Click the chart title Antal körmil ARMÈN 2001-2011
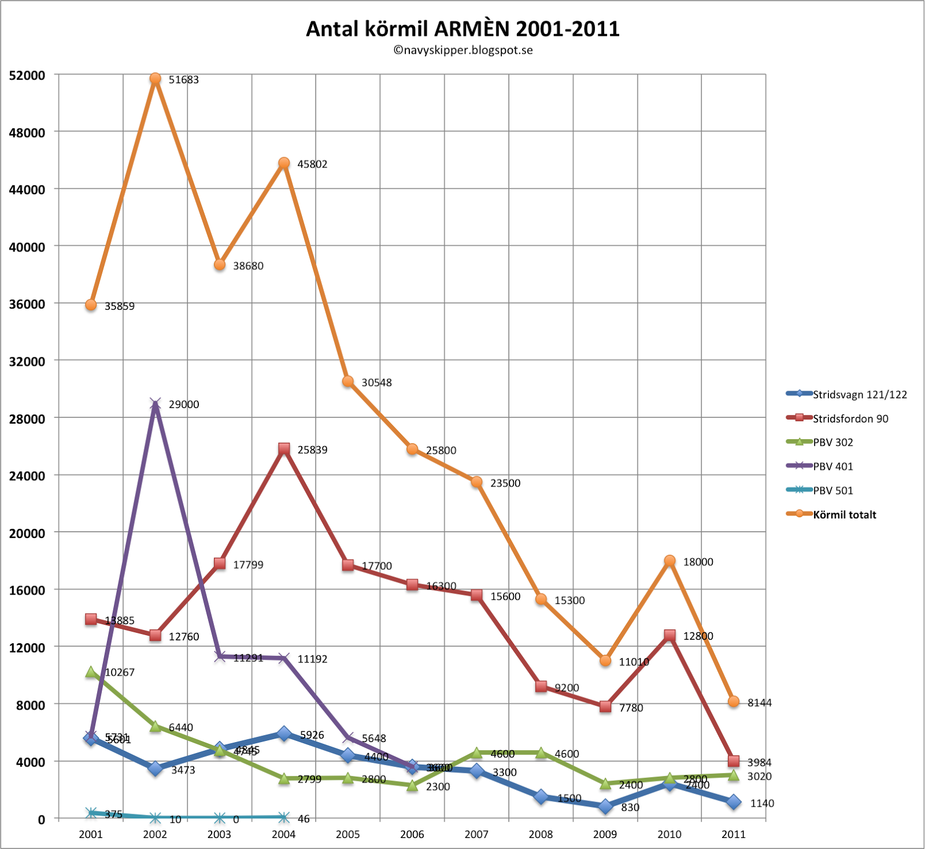coord(462,28)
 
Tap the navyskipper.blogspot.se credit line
coord(462,50)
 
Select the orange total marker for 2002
coord(155,79)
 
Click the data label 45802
coord(312,164)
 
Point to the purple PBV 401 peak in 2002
coord(155,403)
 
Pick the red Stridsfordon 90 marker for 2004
coord(284,448)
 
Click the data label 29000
coord(184,405)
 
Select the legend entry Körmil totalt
coord(845,515)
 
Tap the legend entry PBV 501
coord(833,491)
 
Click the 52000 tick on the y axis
coord(27,76)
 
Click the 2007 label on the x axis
coord(476,834)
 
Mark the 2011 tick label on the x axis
coord(734,834)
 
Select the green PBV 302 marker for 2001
coord(91,672)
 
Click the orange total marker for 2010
coord(669,561)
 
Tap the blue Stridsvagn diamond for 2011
coord(734,802)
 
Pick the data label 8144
coord(760,703)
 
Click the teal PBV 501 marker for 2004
coord(284,817)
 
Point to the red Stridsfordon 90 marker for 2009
coord(605,706)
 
